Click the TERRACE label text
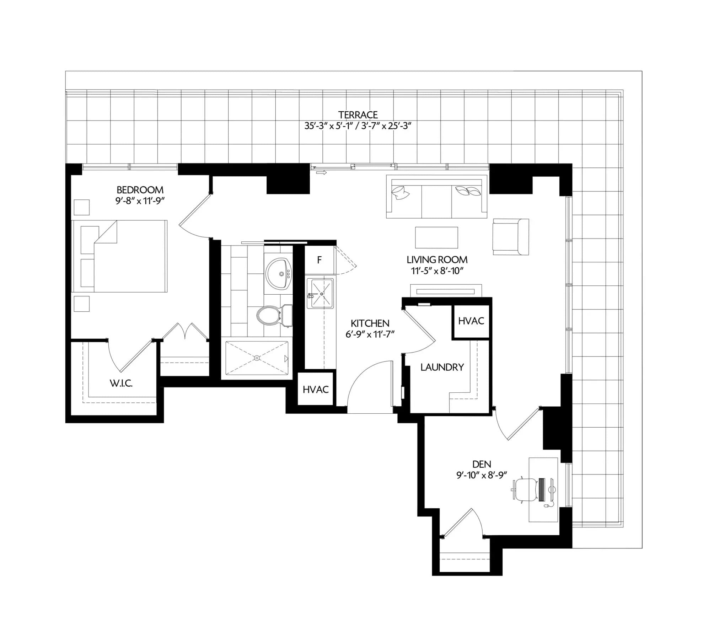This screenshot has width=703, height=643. click(358, 115)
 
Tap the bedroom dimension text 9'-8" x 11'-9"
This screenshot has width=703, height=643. click(140, 201)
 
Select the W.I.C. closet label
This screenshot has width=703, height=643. click(121, 383)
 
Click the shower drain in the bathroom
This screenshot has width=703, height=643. click(257, 358)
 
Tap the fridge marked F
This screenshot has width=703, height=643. click(319, 260)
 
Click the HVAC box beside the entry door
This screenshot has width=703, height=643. click(316, 389)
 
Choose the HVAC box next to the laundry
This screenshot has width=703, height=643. click(471, 321)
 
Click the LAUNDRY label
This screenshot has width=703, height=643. click(442, 367)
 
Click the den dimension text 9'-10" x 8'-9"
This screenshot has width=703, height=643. click(481, 475)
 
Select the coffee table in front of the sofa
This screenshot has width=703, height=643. click(436, 237)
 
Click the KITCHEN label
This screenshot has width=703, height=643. click(370, 323)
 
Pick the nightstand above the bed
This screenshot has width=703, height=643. click(81, 207)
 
